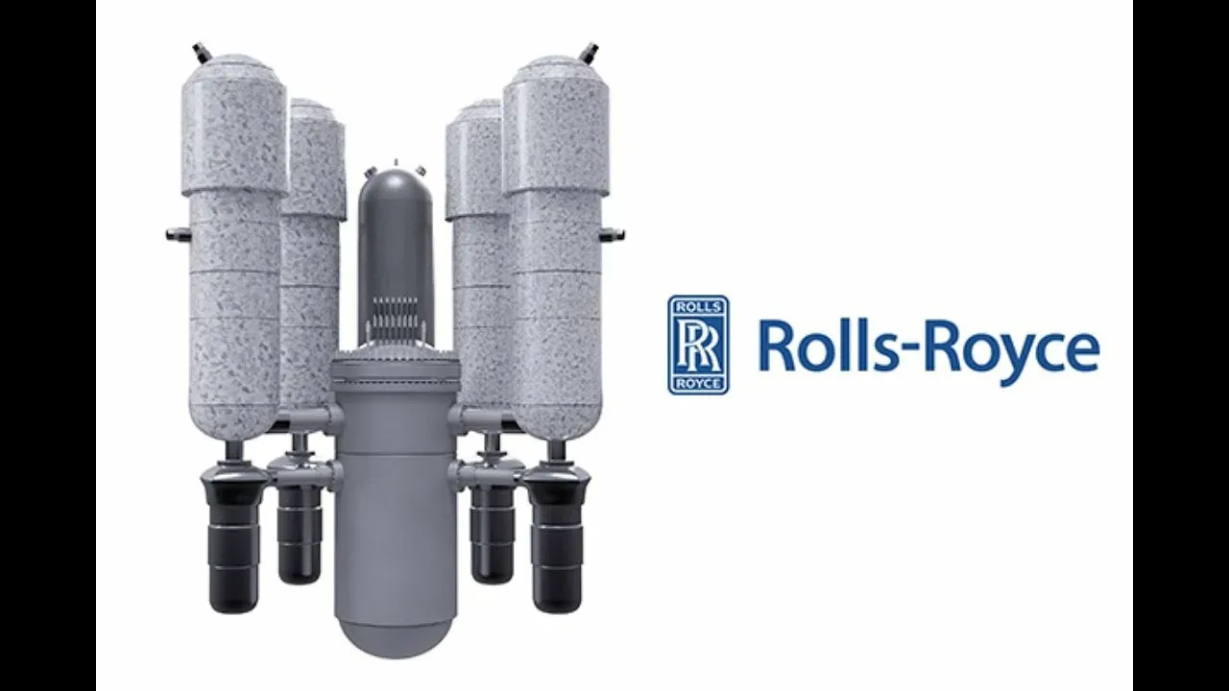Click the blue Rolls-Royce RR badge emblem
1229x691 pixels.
[x=698, y=345]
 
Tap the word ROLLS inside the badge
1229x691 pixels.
[x=698, y=306]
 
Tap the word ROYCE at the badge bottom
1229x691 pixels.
[x=698, y=383]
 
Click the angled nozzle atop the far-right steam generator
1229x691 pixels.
[x=590, y=53]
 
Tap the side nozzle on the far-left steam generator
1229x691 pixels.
[x=178, y=234]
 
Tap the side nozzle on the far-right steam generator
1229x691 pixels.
[x=612, y=234]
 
